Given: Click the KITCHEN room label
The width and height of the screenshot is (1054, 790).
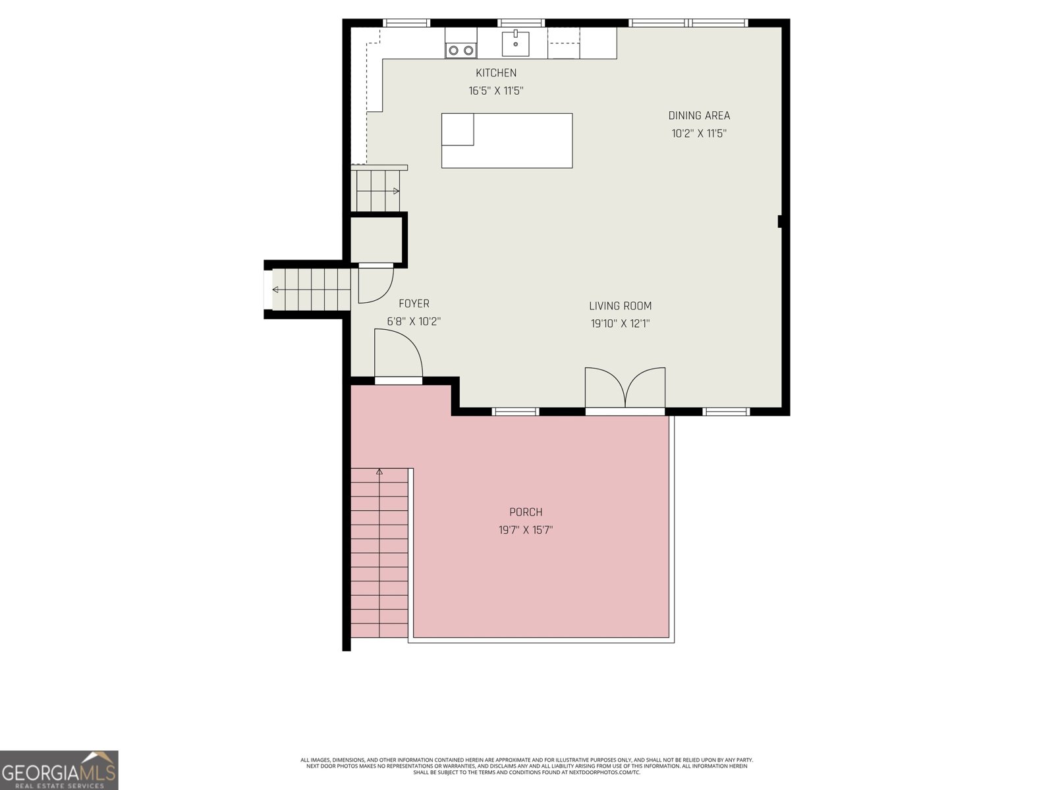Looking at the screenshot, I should tap(496, 73).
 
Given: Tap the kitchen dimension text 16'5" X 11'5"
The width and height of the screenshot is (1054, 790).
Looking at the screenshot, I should tap(496, 91).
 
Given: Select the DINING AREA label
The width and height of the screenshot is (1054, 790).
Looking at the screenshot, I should tap(699, 115).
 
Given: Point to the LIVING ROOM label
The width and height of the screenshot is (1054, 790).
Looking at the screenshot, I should tap(620, 305).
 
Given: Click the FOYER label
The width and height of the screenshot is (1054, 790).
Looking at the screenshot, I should tap(414, 303).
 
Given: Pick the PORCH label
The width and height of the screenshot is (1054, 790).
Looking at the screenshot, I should tap(526, 512).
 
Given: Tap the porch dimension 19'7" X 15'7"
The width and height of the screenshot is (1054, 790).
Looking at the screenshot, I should tap(526, 529).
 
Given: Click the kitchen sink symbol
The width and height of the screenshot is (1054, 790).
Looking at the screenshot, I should tap(515, 43).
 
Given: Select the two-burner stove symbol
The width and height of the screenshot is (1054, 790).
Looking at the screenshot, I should tap(460, 49).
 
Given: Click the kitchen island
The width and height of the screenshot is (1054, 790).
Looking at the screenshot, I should tap(507, 140).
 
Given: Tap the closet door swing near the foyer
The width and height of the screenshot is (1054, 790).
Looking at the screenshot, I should tap(374, 284).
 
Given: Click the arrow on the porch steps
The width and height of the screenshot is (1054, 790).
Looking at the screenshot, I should tap(379, 471).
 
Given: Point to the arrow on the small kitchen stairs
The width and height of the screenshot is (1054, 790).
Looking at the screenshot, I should tap(396, 191).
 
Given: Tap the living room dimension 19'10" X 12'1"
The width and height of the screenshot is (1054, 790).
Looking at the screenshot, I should tap(620, 323).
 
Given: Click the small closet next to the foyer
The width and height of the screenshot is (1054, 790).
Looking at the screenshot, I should tap(375, 239).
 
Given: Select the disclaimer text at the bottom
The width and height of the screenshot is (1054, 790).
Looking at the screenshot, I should tap(527, 766).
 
